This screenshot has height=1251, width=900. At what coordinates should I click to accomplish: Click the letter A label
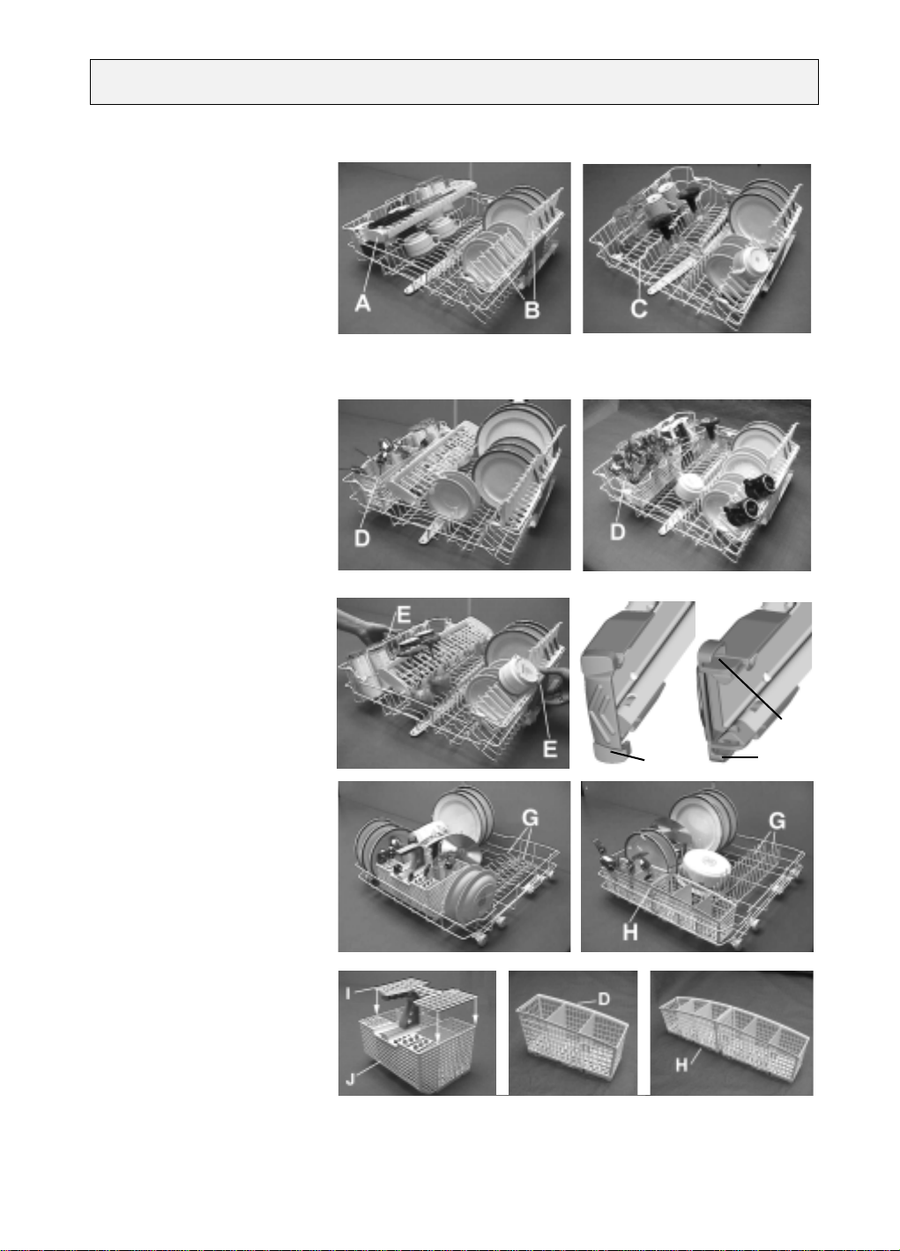coord(363,304)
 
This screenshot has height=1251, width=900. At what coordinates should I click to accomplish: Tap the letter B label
coord(532,310)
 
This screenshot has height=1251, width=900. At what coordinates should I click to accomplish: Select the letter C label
coord(639,309)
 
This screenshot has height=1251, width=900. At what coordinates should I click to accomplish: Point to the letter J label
coord(350,1078)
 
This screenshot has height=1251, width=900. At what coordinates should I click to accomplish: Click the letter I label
coord(348,994)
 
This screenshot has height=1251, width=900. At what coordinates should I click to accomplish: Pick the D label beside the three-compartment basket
coord(604,999)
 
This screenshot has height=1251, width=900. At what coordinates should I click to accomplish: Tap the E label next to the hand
coord(403,615)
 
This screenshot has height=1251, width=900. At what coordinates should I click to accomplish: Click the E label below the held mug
coord(550,748)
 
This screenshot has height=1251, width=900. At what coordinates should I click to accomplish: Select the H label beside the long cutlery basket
coord(681,1066)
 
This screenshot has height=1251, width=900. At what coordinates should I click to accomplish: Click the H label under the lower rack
coord(629,932)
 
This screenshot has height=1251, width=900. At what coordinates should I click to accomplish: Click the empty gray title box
coord(454,82)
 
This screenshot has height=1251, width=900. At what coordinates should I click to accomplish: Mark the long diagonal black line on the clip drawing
coord(750,689)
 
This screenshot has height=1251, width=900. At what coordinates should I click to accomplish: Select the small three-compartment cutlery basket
coord(573,1033)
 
